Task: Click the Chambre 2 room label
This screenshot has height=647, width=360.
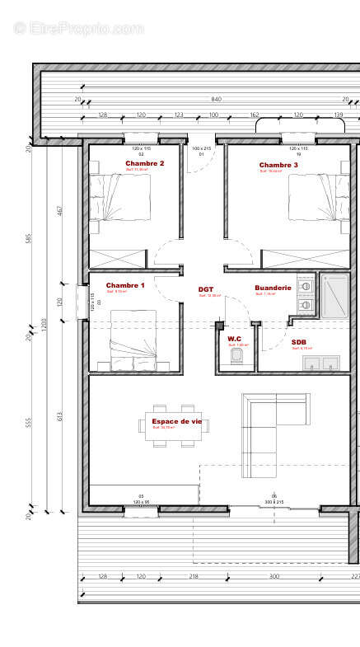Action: [145, 163]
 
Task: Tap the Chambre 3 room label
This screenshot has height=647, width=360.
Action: [278, 165]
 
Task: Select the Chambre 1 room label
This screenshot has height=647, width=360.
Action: [125, 285]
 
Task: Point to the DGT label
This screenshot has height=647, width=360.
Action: [206, 289]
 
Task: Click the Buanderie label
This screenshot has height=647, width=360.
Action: [273, 288]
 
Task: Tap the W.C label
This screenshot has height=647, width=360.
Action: [234, 339]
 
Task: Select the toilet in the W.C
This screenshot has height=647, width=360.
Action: [237, 355]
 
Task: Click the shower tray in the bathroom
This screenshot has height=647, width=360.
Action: [334, 295]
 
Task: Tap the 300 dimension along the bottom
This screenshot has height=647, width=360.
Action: [274, 576]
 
